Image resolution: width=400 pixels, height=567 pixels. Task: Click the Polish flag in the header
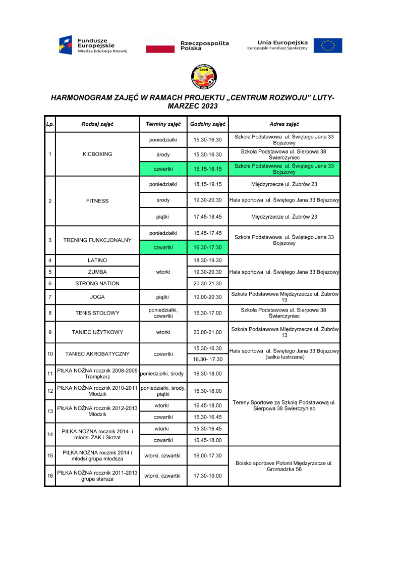point(160,45)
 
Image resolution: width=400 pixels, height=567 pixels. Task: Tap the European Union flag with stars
point(328,45)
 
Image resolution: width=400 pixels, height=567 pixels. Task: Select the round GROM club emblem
point(200,76)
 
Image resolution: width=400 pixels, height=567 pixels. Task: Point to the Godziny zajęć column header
point(208,124)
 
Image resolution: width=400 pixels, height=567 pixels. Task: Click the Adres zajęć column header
point(284,124)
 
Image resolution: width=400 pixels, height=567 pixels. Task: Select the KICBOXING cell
point(97,154)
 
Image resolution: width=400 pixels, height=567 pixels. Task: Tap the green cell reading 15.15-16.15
point(208,169)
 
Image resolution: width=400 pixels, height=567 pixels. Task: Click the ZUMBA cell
point(97,272)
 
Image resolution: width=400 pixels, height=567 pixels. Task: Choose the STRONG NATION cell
point(97,284)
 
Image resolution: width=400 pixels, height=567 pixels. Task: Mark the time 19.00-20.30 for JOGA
point(208,297)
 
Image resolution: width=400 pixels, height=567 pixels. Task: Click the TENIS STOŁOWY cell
point(97,313)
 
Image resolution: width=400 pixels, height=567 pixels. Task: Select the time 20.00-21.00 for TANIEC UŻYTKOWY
point(208,332)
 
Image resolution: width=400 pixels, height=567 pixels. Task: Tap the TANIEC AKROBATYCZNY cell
point(97,354)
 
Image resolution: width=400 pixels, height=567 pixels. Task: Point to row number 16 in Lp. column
point(50,476)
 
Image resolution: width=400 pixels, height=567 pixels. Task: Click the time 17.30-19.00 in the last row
point(208,476)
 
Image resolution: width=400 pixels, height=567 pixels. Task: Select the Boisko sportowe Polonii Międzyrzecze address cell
point(284,466)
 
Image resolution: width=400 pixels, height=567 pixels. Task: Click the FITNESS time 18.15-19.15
point(208,184)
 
